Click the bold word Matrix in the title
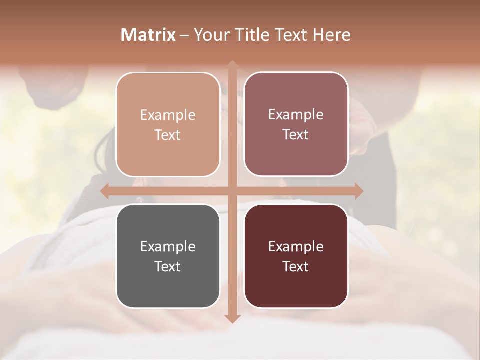pyautogui.click(x=148, y=35)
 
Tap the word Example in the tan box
pyautogui.click(x=168, y=115)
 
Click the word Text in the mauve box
pyautogui.click(x=296, y=135)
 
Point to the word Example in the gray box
pyautogui.click(x=168, y=247)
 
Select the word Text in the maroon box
pyautogui.click(x=296, y=266)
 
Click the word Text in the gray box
pyautogui.click(x=168, y=266)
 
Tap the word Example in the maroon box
pyautogui.click(x=296, y=247)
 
